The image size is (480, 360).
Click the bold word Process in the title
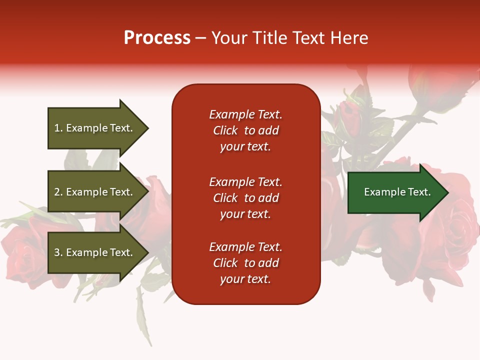click(x=157, y=38)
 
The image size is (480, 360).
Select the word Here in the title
click(x=349, y=38)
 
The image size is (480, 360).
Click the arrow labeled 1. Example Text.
click(x=95, y=128)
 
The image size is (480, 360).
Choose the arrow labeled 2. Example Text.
click(x=95, y=192)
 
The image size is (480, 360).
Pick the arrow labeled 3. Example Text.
click(x=95, y=252)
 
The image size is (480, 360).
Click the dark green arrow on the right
click(x=395, y=192)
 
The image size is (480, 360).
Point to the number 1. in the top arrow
click(x=58, y=128)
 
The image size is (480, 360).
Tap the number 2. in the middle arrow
click(x=58, y=192)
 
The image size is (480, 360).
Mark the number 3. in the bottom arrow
click(x=58, y=252)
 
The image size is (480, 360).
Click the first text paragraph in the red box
click(x=245, y=130)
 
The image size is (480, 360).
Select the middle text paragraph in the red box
click(x=245, y=198)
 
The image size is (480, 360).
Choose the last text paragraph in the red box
click(x=245, y=263)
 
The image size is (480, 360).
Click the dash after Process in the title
click(x=201, y=38)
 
